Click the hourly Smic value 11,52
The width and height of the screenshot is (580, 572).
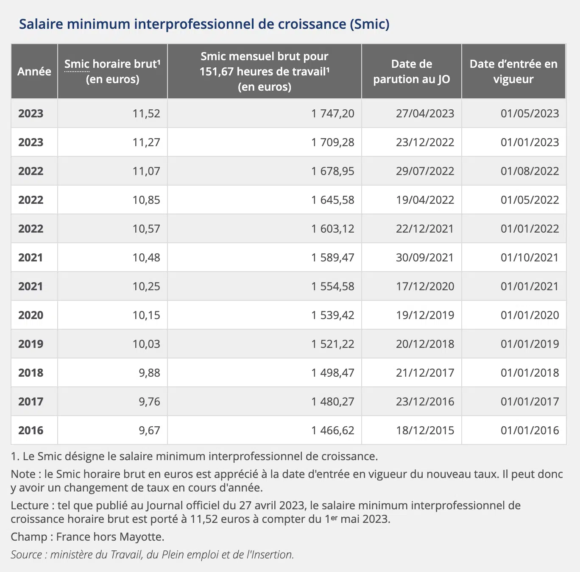point(146,114)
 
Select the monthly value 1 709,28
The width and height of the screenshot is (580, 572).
point(332,142)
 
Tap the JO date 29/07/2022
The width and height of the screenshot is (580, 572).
point(425,171)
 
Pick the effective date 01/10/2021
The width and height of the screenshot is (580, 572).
point(530,258)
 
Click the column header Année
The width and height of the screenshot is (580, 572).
point(34,72)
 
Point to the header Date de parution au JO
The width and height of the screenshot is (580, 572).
point(411,72)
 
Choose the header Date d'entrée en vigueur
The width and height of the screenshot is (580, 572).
point(513,72)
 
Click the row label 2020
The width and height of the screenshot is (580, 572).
point(31,315)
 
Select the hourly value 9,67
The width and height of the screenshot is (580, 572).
point(149,430)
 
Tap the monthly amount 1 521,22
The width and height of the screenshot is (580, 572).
point(332,344)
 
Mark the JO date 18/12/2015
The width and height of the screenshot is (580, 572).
point(425,430)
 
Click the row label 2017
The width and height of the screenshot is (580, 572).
point(31,402)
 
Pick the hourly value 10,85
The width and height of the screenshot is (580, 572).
point(146,200)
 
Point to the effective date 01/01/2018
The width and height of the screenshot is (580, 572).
point(530,373)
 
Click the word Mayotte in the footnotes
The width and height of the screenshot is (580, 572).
point(142,537)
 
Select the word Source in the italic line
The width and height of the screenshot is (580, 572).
point(26,555)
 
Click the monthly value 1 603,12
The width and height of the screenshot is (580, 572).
point(332,229)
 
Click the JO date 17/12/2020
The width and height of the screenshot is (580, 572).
point(425,286)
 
